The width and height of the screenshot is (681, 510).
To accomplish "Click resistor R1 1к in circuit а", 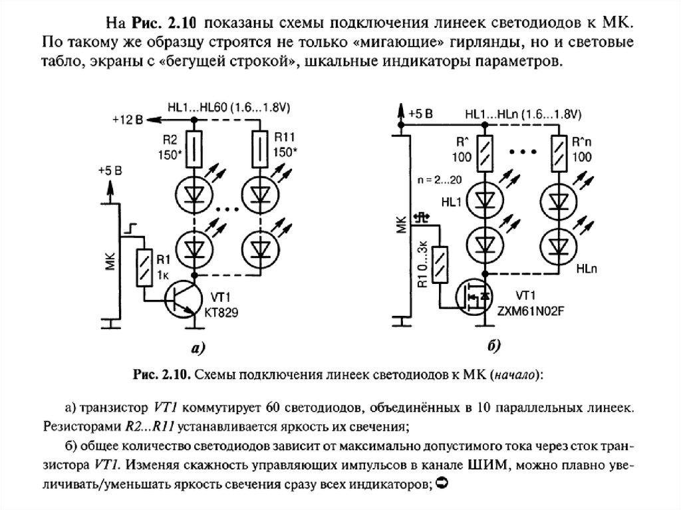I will [x=142, y=267].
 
